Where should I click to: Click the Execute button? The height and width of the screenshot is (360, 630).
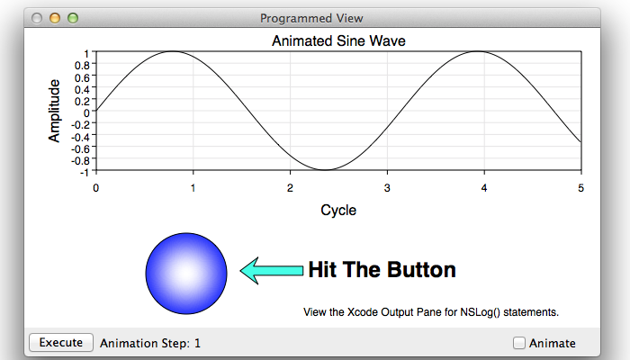[61, 343]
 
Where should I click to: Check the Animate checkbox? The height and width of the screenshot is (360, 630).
[519, 343]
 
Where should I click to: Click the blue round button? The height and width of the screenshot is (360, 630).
[186, 274]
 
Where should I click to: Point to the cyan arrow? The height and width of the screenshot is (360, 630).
[272, 271]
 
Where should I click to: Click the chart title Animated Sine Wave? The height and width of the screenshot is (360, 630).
[338, 41]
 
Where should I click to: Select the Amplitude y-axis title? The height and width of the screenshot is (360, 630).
[54, 111]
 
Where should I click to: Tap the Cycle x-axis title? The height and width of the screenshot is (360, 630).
[338, 210]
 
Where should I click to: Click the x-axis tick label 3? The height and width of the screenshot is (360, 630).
[387, 188]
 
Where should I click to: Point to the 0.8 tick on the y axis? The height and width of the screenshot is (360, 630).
[82, 65]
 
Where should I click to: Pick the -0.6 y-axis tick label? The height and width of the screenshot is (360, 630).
[80, 149]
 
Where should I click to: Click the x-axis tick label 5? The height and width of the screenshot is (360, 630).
[581, 188]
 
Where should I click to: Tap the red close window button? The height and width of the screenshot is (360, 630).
[37, 18]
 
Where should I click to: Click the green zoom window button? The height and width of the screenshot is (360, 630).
[73, 18]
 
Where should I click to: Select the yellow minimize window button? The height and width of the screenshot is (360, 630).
[55, 18]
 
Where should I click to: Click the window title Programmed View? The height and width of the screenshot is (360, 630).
[311, 19]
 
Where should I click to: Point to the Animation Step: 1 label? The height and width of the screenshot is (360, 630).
[150, 343]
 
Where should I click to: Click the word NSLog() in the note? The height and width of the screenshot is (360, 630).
[480, 312]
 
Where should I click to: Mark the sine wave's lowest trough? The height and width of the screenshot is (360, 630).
[326, 169]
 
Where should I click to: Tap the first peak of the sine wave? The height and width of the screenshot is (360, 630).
[173, 51]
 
